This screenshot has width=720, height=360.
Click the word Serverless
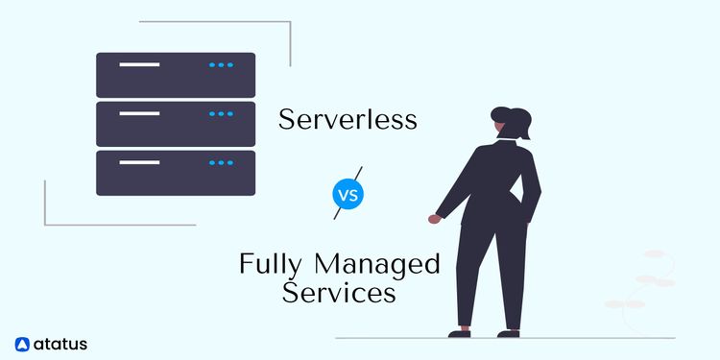click(x=348, y=120)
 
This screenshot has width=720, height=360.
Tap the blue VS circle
click(x=348, y=194)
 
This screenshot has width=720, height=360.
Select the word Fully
click(x=273, y=262)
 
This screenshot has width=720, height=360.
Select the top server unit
click(x=176, y=74)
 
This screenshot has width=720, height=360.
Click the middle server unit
click(x=176, y=123)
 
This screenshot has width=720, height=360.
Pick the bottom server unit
click(x=176, y=172)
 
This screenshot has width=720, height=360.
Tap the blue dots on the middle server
click(x=221, y=114)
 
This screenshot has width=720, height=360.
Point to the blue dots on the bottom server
click(x=221, y=163)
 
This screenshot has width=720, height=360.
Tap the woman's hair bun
click(x=522, y=114)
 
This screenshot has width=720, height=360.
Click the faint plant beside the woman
click(x=646, y=278)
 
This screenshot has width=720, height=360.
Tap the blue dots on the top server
click(x=221, y=65)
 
